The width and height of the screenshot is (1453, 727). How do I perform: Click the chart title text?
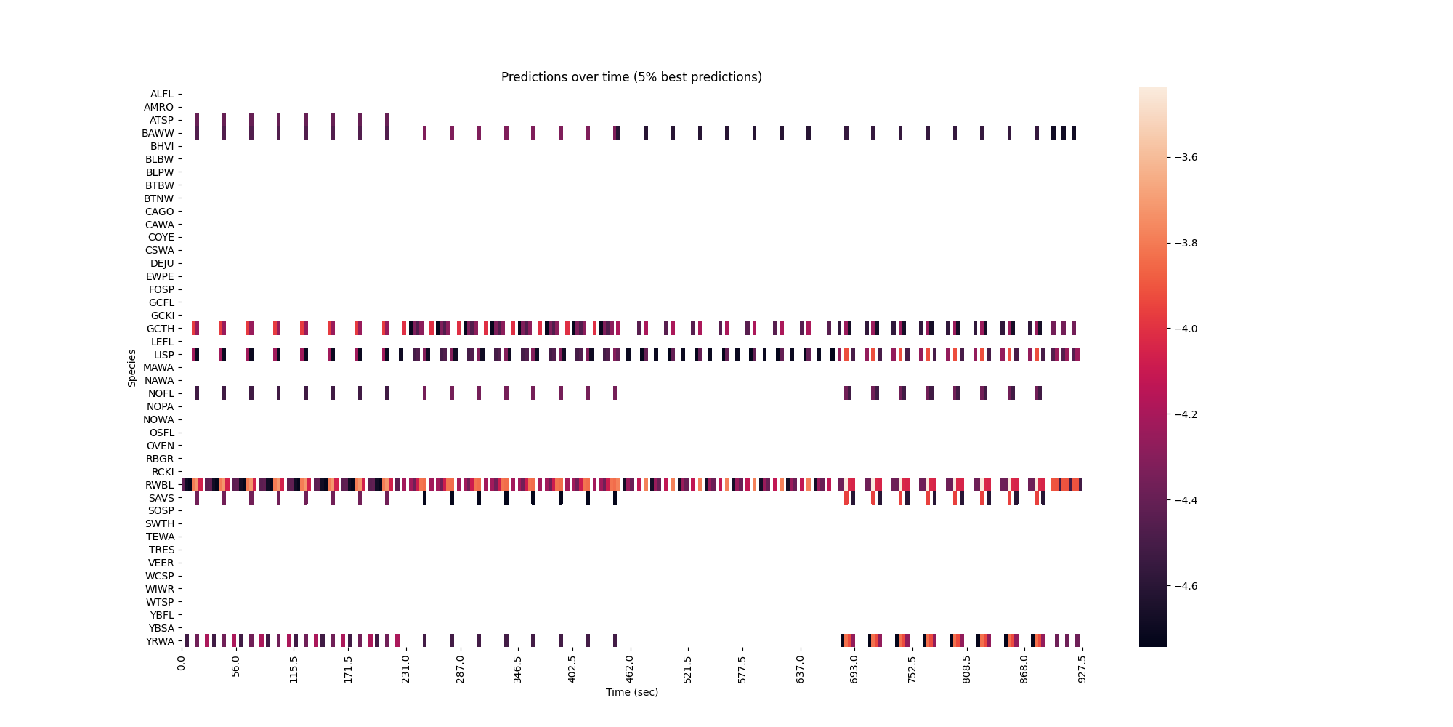point(631,77)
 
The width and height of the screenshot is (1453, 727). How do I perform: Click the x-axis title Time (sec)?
point(631,692)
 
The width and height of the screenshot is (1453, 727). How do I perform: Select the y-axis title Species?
point(132,368)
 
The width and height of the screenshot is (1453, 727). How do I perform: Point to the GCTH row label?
point(161,329)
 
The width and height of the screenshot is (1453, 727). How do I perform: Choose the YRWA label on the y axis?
point(160,641)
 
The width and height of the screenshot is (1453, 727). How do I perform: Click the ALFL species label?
point(162,94)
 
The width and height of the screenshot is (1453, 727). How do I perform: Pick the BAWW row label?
point(158,133)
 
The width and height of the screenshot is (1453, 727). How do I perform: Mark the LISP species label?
point(163,355)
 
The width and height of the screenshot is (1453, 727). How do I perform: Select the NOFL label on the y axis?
point(161,393)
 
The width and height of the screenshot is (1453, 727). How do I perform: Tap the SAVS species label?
point(161,498)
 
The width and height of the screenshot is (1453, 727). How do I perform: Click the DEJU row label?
point(162,263)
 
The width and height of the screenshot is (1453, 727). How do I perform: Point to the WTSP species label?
point(160,602)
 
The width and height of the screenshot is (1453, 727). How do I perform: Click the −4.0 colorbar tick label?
point(1186,329)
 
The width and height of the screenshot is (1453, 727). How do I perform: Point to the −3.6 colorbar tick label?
point(1186,157)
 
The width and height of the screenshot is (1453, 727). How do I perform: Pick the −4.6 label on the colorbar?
point(1186,586)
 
